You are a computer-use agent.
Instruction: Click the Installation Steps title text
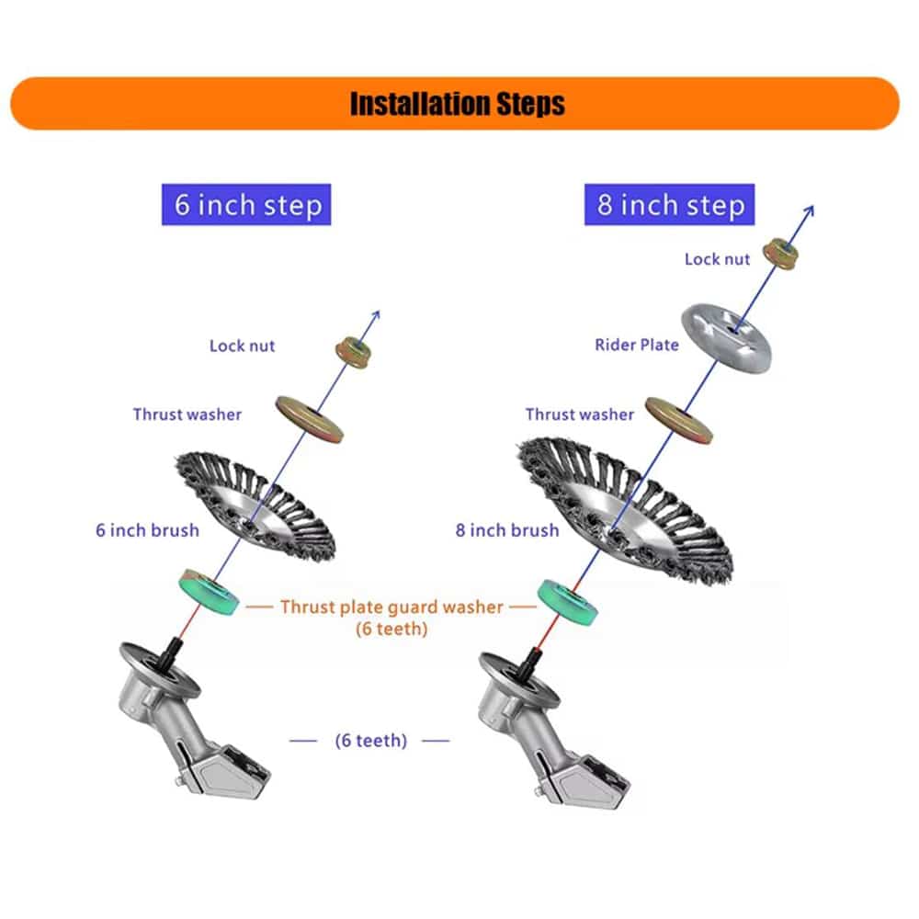point(457,103)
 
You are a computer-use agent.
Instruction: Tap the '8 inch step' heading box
point(669,204)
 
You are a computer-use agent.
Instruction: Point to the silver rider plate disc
point(726,339)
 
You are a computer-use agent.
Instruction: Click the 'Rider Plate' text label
point(636,345)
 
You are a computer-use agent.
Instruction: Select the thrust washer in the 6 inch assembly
point(311,418)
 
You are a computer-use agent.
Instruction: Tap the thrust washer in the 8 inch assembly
point(680,420)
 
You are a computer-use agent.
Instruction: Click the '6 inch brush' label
point(147,530)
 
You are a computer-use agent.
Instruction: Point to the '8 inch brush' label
point(507,530)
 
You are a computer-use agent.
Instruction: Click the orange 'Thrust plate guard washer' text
point(391,607)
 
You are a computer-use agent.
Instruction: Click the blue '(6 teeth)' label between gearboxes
point(369,740)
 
